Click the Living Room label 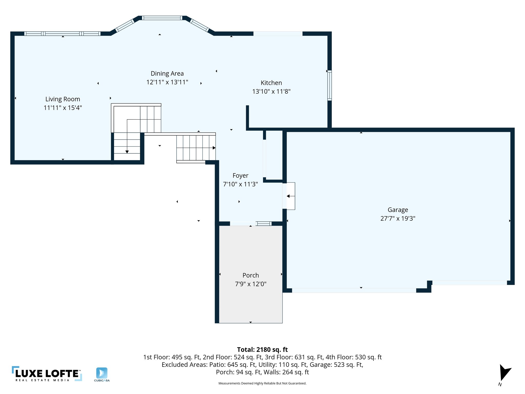pos(63,99)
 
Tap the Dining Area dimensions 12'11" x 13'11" pos(167,82)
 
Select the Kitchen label pos(271,83)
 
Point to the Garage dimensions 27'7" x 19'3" pos(398,218)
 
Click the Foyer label pos(240,175)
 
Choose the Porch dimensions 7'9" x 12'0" pos(250,284)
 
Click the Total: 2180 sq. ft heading pos(262,350)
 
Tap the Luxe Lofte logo pos(47,374)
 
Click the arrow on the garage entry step pos(290,196)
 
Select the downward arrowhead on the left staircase pos(127,152)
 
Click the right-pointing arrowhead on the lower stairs pos(214,148)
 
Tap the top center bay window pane pos(162,18)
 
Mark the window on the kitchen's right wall pos(330,85)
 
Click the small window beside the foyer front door pos(264,224)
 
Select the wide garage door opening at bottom pos(354,290)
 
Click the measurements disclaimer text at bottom pos(262,383)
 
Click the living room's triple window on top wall pos(62,34)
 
